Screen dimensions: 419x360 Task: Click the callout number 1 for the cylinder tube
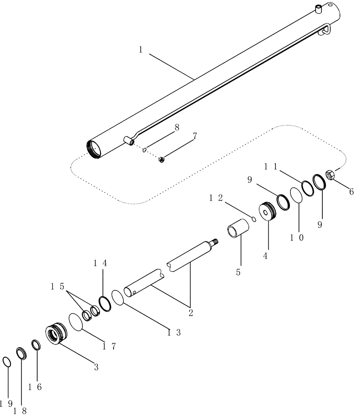pyautogui.click(x=141, y=49)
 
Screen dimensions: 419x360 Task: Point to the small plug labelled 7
pyautogui.click(x=161, y=159)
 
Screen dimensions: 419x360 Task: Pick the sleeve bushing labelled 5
pyautogui.click(x=238, y=229)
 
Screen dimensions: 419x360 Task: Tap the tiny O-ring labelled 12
pyautogui.click(x=254, y=217)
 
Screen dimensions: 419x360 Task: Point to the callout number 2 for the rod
pyautogui.click(x=190, y=312)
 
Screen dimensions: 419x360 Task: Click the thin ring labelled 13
pyautogui.click(x=118, y=297)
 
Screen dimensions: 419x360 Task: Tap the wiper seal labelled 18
pyautogui.click(x=21, y=353)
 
